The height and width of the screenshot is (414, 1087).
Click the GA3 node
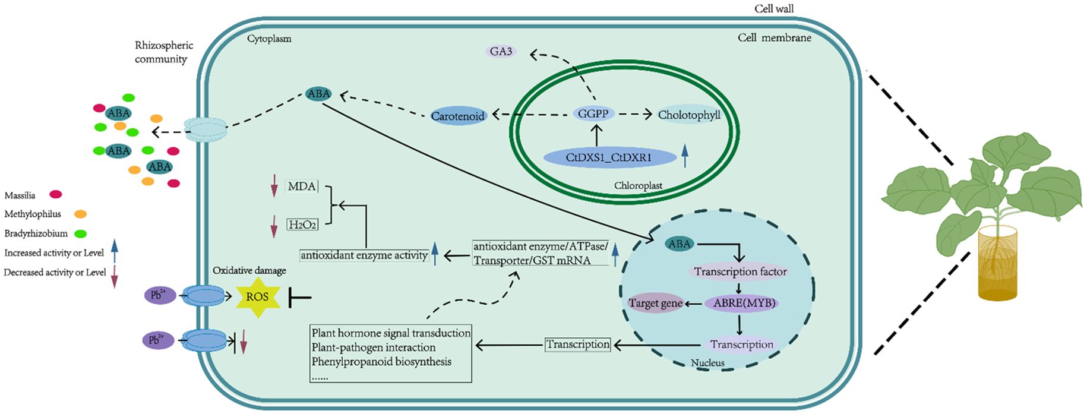click(x=501, y=52)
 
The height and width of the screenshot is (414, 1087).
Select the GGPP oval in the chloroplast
click(x=593, y=113)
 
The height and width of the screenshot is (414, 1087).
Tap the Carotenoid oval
click(x=458, y=116)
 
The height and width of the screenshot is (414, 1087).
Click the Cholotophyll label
click(x=689, y=115)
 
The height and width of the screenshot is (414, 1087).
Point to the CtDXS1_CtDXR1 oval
click(x=609, y=158)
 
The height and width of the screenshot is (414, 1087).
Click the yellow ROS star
click(x=257, y=296)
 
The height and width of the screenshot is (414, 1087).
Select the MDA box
click(x=301, y=187)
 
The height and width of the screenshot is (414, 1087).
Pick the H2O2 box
click(x=302, y=225)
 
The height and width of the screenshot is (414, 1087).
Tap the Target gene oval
click(x=656, y=304)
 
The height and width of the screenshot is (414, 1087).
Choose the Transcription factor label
click(x=740, y=272)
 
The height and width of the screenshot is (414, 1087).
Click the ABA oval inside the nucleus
click(x=679, y=244)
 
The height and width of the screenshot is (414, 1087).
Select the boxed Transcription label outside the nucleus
click(x=577, y=345)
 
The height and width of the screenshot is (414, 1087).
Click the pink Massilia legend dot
click(x=56, y=194)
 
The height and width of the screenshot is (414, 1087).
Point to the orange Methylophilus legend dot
click(x=80, y=214)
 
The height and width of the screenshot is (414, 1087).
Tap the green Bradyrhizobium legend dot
click(x=81, y=233)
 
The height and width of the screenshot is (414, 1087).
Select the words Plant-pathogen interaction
click(x=373, y=347)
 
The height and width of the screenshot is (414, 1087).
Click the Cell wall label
click(x=773, y=8)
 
